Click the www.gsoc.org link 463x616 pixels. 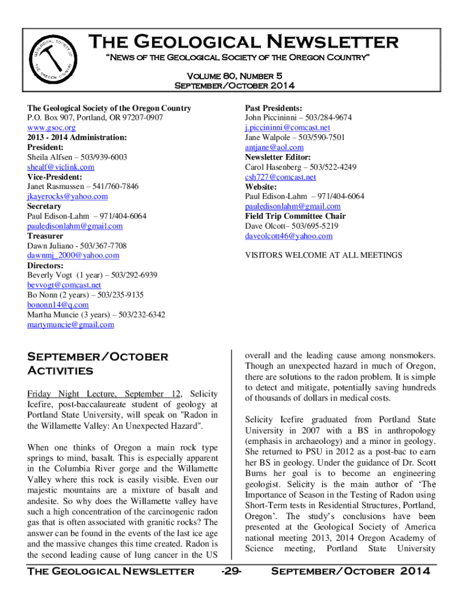51,128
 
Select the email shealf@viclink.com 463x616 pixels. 61,167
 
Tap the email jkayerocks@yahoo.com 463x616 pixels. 67,196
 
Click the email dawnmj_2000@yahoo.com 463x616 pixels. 73,255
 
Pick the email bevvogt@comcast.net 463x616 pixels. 64,285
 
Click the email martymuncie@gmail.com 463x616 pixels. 70,325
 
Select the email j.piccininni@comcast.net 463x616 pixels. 287,128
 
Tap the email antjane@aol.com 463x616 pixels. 274,147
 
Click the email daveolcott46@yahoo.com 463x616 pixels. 289,236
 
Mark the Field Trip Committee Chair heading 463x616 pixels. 295,216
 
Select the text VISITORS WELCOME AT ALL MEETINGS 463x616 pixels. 323,255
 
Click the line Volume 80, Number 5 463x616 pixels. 234,76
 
